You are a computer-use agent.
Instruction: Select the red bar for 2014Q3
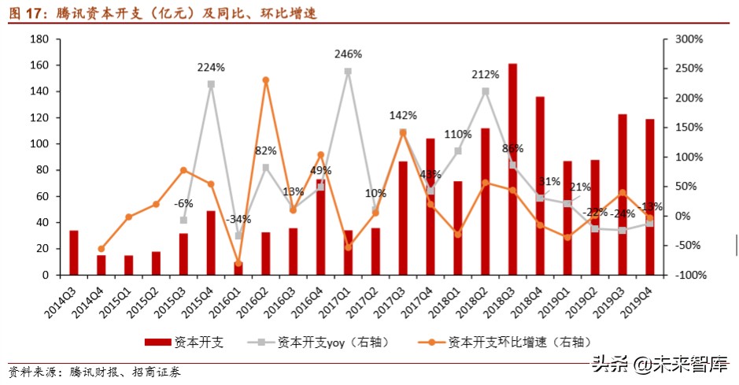(x=73, y=253)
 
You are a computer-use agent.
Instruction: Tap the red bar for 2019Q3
(x=622, y=194)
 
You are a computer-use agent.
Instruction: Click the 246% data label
(x=348, y=54)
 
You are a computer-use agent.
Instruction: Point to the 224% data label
(x=211, y=67)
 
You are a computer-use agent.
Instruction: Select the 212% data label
(x=485, y=75)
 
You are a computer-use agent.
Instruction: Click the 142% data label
(x=402, y=116)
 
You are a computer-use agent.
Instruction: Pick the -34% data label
(x=238, y=219)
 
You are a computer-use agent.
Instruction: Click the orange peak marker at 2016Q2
(x=265, y=80)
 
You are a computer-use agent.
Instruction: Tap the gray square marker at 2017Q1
(x=348, y=72)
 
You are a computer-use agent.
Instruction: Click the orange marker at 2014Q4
(x=101, y=249)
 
